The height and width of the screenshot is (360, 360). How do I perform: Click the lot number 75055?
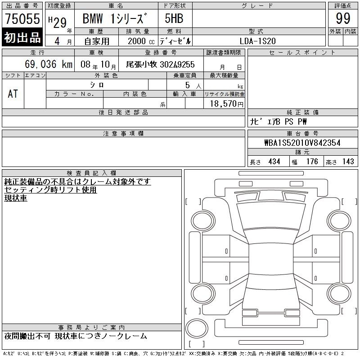(x=22, y=18)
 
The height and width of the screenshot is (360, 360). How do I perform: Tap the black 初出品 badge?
(x=22, y=37)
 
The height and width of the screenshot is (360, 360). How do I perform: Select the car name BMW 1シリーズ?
(x=115, y=18)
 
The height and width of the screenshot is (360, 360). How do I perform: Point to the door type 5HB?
(x=174, y=18)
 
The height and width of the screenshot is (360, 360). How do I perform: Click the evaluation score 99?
(x=343, y=18)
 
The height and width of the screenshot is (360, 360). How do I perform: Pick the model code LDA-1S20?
(x=257, y=41)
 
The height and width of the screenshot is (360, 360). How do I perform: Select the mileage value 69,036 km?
(x=49, y=64)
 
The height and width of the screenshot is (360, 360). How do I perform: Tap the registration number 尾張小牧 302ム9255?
(x=160, y=64)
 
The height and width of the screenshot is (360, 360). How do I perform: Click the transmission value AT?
(x=13, y=94)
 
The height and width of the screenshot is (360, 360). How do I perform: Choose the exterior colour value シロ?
(x=97, y=85)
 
